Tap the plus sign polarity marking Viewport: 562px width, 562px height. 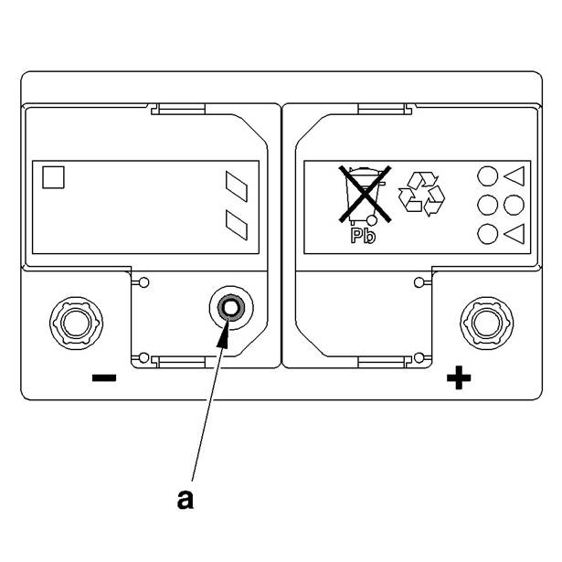[x=458, y=376]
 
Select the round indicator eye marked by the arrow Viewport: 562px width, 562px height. [x=228, y=309]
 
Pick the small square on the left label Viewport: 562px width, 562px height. [x=54, y=176]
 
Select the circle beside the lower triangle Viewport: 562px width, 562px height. [x=489, y=233]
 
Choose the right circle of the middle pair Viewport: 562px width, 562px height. [x=514, y=205]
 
